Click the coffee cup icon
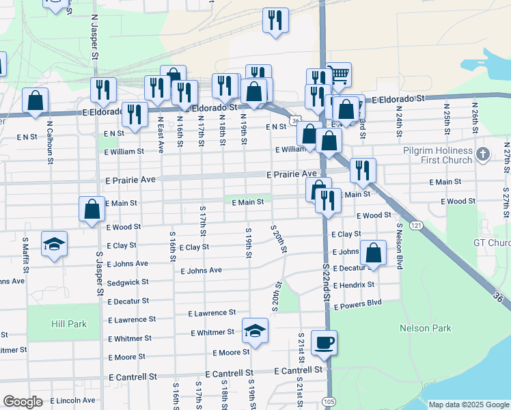(x=324, y=342)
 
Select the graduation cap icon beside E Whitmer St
(x=255, y=331)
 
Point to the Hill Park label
(x=68, y=324)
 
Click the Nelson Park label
(x=426, y=328)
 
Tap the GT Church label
(x=492, y=243)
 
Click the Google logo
(x=23, y=402)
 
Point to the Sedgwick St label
(x=128, y=282)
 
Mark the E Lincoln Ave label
(x=73, y=400)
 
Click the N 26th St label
(x=473, y=118)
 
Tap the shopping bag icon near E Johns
(x=373, y=253)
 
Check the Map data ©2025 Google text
(x=469, y=404)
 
